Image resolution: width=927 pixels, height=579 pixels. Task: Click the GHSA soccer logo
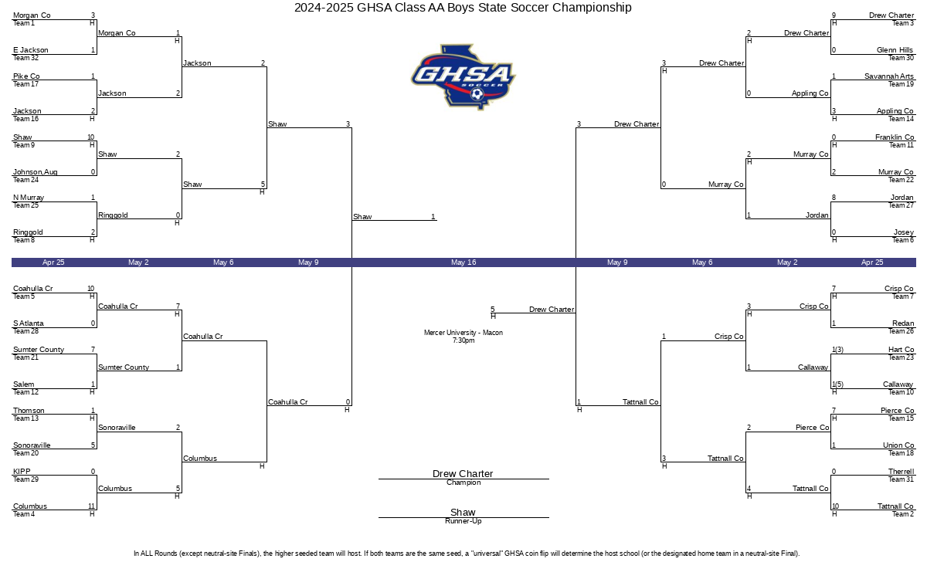(463, 77)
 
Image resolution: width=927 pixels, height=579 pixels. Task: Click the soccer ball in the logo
(477, 94)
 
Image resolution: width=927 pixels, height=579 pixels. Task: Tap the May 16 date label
(463, 262)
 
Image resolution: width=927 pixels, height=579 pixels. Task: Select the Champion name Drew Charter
(463, 473)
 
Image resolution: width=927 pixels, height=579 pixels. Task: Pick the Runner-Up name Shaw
(463, 512)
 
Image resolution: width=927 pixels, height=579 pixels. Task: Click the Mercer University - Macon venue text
(463, 333)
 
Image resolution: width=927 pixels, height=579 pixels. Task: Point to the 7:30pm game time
(463, 340)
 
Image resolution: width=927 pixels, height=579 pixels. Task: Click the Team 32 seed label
(25, 58)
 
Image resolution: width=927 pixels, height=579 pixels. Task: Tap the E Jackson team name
(31, 50)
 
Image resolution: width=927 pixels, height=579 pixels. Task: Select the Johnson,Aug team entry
(36, 172)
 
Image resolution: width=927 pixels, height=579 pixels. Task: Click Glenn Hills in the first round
(895, 50)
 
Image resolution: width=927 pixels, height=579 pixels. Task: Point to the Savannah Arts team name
(889, 76)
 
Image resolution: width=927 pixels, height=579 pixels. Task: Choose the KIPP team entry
(22, 472)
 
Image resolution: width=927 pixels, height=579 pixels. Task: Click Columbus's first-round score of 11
(91, 506)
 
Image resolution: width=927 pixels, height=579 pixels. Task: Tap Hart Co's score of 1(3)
(837, 350)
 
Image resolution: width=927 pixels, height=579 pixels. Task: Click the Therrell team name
(901, 472)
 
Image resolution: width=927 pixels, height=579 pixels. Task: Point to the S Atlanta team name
(28, 323)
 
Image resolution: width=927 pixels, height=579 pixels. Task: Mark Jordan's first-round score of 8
(834, 198)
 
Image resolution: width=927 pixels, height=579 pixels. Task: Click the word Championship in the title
(592, 8)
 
